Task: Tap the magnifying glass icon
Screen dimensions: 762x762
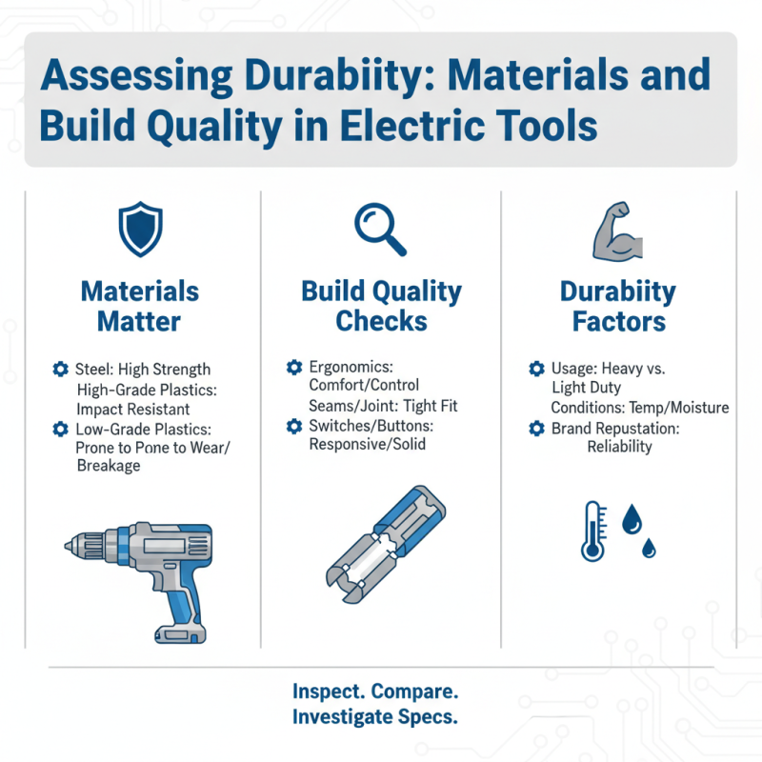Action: coord(379,230)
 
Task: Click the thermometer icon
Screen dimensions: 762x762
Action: coord(592,531)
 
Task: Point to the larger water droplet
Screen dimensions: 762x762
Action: coord(632,519)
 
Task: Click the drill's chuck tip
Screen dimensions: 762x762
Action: coord(68,547)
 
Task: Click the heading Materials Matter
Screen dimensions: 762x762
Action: coord(140,307)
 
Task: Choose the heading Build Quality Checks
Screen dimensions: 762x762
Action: coord(381,306)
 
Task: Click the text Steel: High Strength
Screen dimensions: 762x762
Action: coord(143,369)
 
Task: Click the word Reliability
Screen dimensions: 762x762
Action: coord(620,447)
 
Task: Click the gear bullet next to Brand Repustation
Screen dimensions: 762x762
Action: coord(536,429)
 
